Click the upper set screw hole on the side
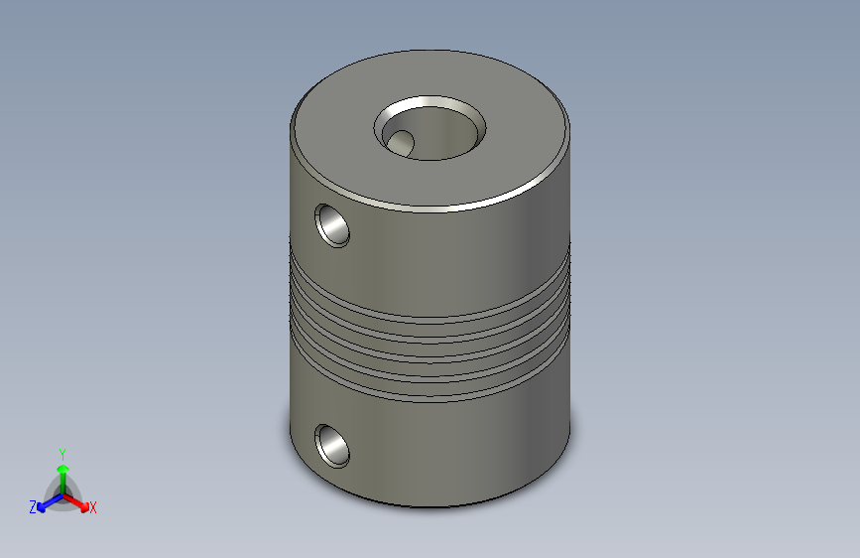pyautogui.click(x=332, y=225)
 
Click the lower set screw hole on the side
pyautogui.click(x=332, y=446)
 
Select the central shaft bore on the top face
pyautogui.click(x=430, y=129)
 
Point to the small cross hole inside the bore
pyautogui.click(x=401, y=142)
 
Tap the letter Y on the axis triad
pyautogui.click(x=62, y=454)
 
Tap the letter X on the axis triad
pyautogui.click(x=92, y=508)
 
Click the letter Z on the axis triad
pyautogui.click(x=33, y=507)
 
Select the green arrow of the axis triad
pyautogui.click(x=63, y=479)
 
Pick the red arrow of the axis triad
pyautogui.click(x=75, y=502)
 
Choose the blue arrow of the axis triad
pyautogui.click(x=51, y=503)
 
